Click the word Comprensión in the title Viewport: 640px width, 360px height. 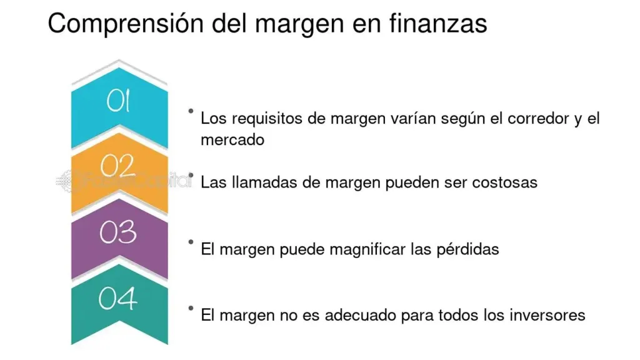tap(126, 24)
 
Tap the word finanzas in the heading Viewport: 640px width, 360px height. tap(438, 23)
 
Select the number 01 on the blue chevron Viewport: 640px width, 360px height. tap(118, 101)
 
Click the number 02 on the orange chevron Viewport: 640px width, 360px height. tap(117, 166)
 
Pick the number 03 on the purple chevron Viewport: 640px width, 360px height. tap(118, 232)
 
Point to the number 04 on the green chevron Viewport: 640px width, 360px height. tap(117, 298)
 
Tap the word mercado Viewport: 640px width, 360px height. tap(232, 140)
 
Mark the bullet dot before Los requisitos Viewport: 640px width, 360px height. tap(191, 111)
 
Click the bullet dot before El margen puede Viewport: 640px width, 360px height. tap(191, 242)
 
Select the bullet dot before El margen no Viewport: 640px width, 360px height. tap(191, 308)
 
